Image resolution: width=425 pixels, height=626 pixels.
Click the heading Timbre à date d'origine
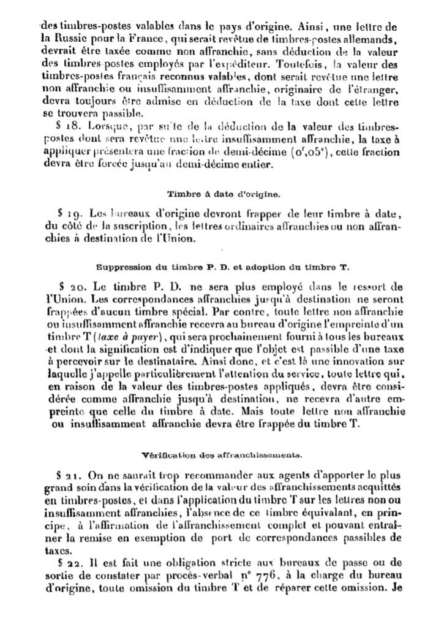[224, 194]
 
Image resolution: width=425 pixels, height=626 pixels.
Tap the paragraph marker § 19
[66, 213]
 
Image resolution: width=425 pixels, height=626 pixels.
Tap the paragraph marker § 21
[66, 476]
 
